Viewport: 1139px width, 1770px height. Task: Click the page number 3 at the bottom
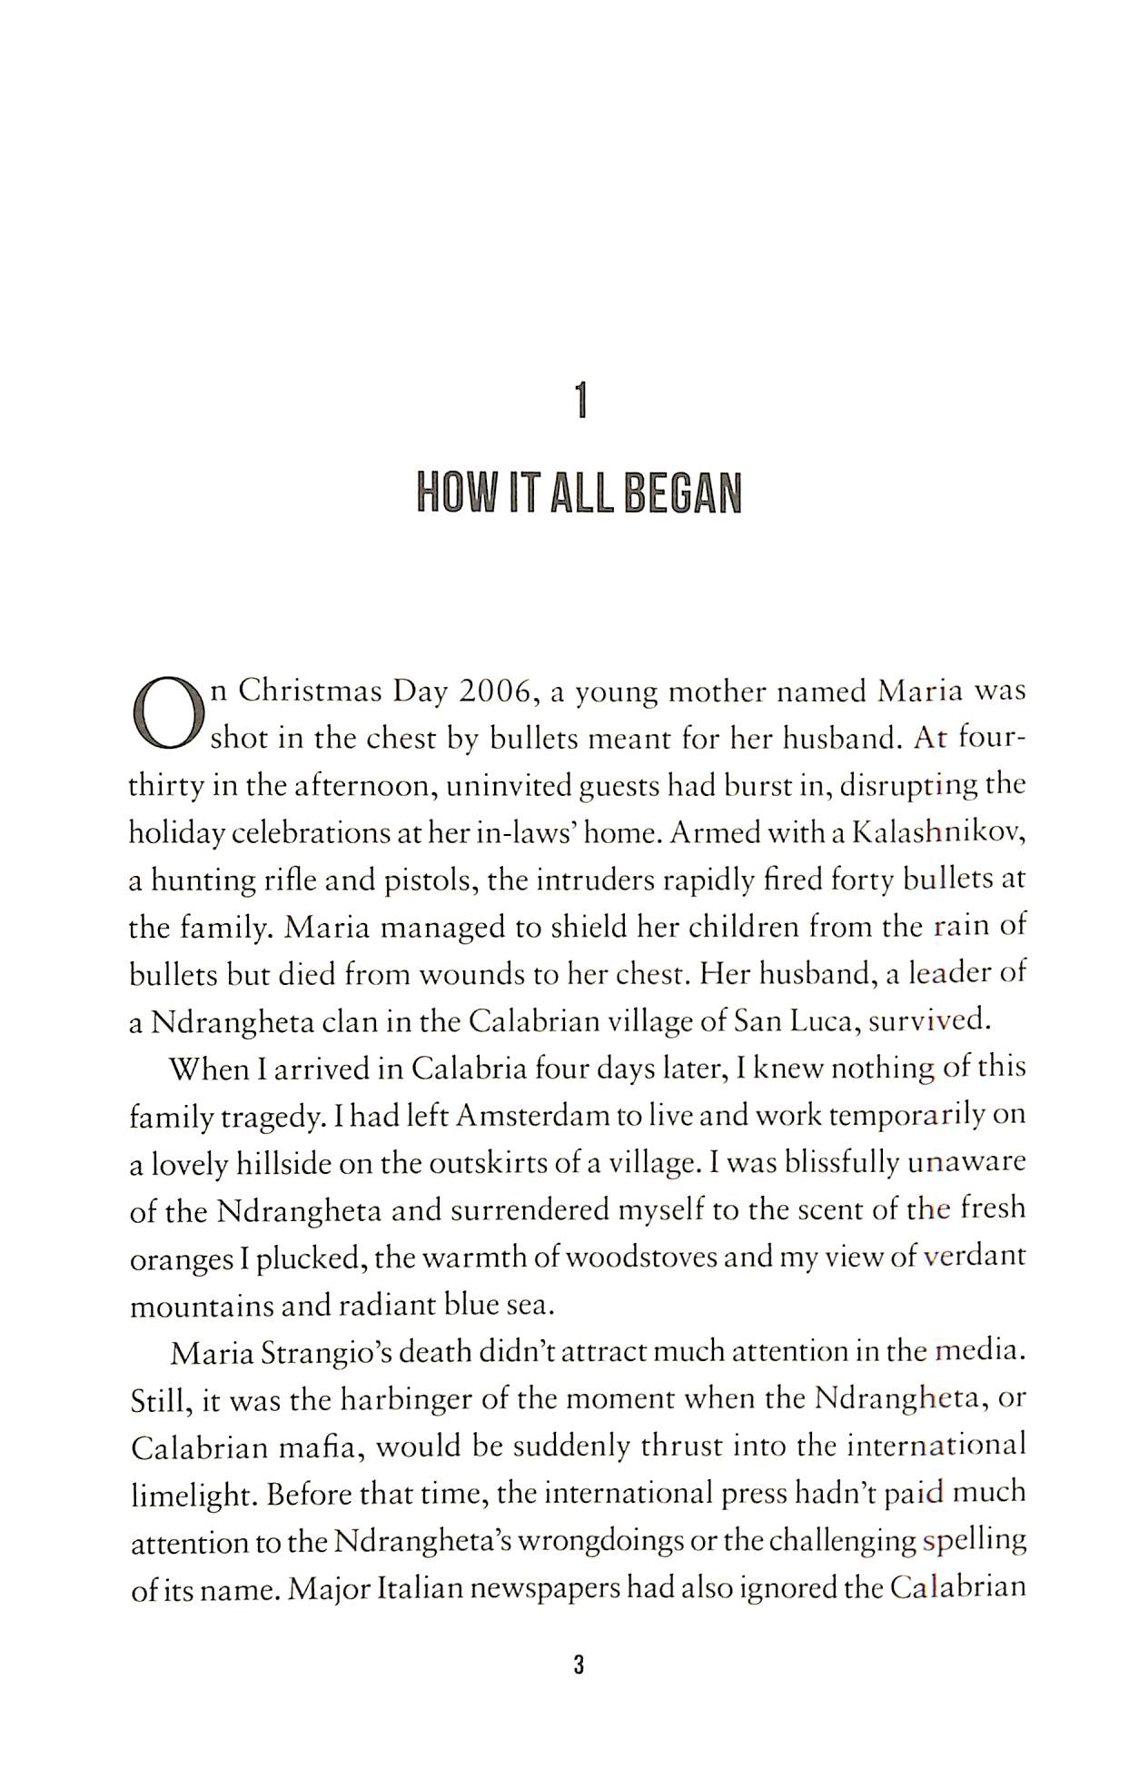point(579,1666)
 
